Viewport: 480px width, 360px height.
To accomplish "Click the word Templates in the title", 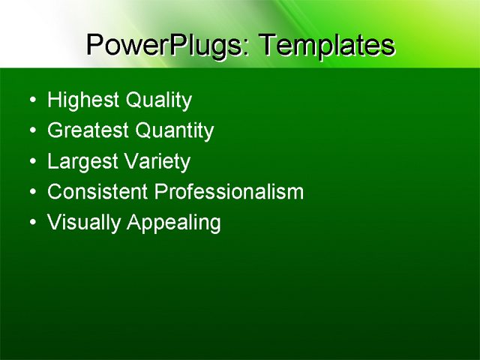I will (325, 46).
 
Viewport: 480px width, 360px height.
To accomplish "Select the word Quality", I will (159, 100).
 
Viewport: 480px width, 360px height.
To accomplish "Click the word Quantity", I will (175, 131).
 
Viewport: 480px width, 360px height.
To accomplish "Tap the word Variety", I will (157, 162).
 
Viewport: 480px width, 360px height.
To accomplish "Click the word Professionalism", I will (229, 192).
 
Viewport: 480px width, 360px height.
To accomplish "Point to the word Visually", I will (84, 223).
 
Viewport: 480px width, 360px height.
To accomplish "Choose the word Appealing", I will (174, 223).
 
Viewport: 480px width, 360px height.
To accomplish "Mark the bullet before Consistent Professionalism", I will (31, 193).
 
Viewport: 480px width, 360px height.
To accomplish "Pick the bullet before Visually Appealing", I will (31, 223).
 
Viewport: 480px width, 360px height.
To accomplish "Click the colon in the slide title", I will (247, 49).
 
